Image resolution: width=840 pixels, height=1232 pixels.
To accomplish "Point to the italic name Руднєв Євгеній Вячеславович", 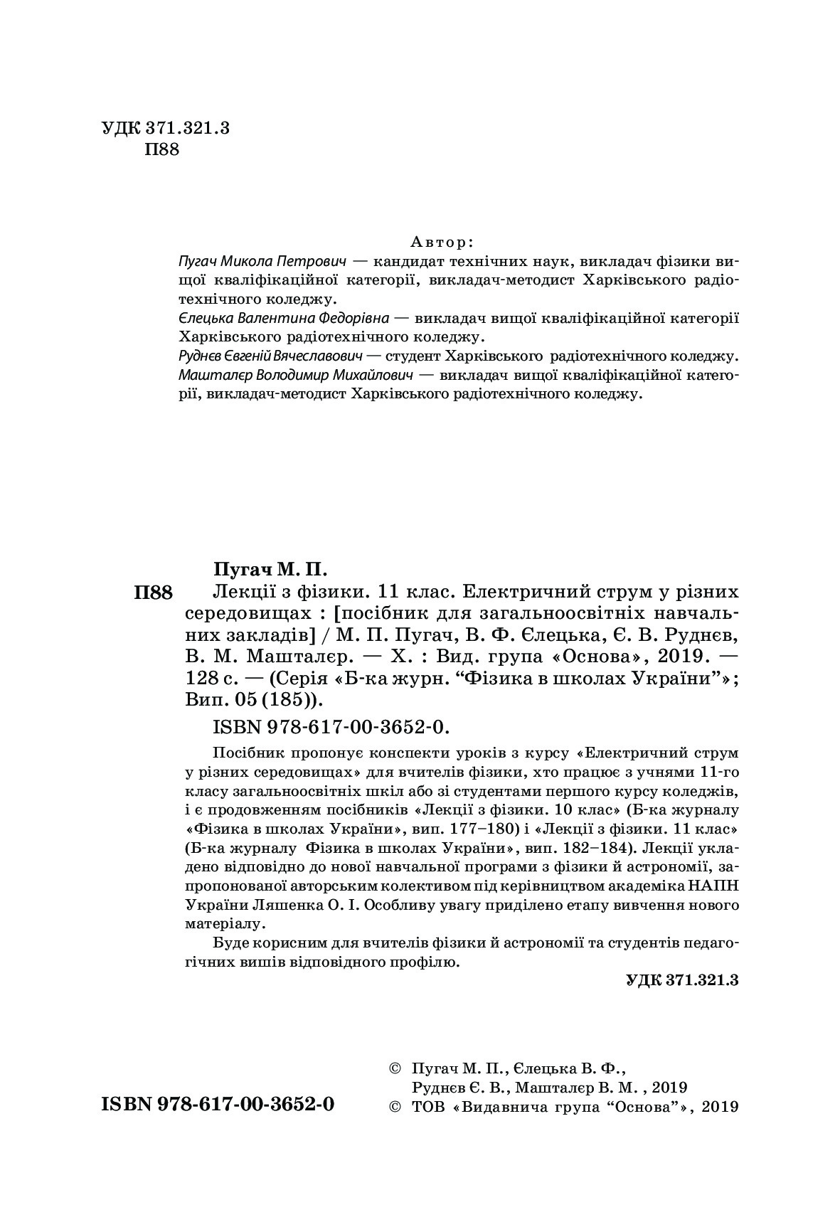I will pyautogui.click(x=271, y=355).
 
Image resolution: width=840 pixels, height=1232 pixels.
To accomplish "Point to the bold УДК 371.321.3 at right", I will pyautogui.click(x=682, y=979).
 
